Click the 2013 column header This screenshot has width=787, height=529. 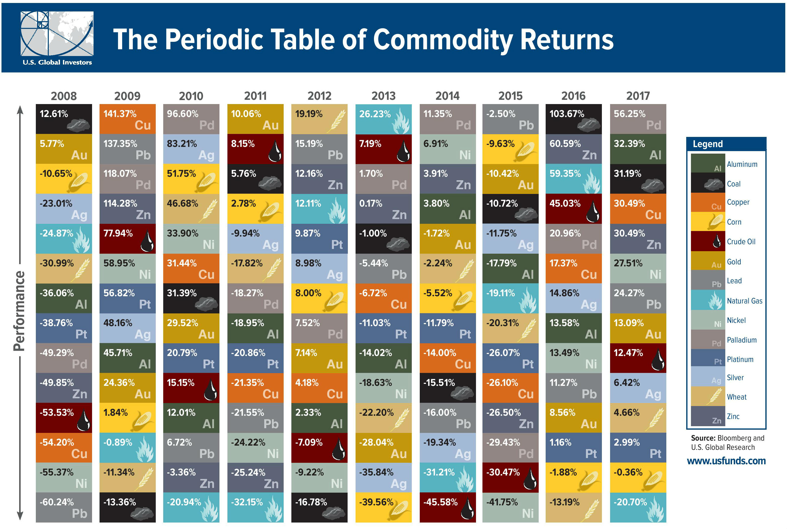[383, 96]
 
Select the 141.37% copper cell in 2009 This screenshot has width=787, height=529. [127, 119]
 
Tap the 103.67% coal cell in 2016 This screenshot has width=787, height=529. [573, 119]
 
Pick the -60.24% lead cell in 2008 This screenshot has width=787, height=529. [64, 507]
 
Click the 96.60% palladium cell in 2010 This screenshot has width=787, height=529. [191, 119]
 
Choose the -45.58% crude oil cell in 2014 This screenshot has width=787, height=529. [447, 507]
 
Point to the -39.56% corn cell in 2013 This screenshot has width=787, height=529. [383, 507]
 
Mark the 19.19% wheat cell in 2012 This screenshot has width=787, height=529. [319, 119]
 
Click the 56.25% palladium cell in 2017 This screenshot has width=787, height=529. [638, 119]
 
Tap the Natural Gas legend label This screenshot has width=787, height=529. [744, 301]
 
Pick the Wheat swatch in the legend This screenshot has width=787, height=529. [708, 396]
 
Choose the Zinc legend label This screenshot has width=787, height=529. [733, 416]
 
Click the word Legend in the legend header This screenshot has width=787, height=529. [708, 144]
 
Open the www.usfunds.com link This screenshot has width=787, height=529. [726, 461]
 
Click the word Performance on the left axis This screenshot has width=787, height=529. [19, 311]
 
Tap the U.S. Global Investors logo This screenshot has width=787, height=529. [57, 38]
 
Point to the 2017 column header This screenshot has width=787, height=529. [638, 96]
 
